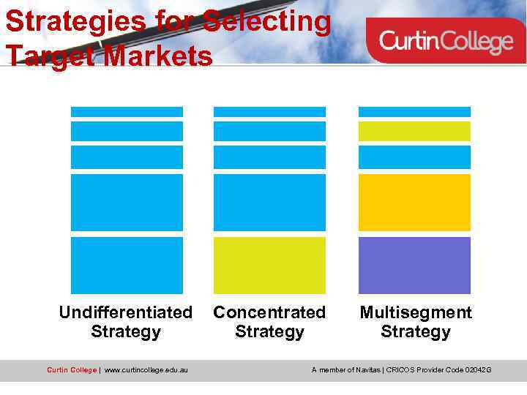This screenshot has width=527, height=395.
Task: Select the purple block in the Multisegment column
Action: point(414,266)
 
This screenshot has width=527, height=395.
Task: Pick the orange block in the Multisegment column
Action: point(414,203)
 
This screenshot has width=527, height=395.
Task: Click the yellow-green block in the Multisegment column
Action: point(414,131)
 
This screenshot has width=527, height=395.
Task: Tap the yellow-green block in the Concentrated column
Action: point(269,266)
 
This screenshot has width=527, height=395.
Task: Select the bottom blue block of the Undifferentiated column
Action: point(127,266)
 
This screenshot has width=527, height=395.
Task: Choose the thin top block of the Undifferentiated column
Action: point(127,112)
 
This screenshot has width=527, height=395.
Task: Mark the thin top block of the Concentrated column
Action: point(269,112)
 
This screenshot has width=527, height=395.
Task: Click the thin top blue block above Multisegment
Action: point(414,112)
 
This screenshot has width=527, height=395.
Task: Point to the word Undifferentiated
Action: point(125,313)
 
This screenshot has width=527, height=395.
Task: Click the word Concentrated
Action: point(269,313)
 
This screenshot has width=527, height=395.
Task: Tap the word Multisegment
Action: point(416,313)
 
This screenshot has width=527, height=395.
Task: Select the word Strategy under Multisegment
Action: point(416,332)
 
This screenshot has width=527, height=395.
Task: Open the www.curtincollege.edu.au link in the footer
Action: point(146,370)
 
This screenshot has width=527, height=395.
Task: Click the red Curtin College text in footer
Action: point(71,370)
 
